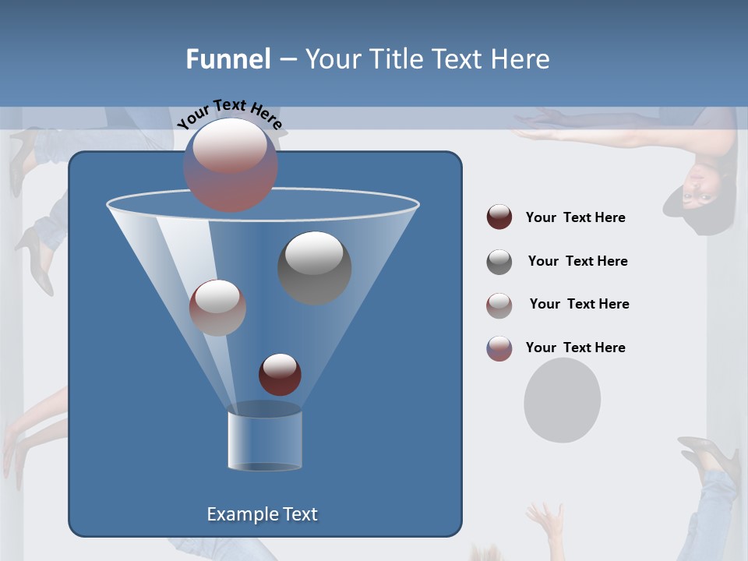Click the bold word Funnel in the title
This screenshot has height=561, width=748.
[x=228, y=59]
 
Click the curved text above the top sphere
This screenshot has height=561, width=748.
[x=230, y=115]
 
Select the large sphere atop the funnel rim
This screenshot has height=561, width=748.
[x=230, y=164]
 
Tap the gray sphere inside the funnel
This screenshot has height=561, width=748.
[x=314, y=267]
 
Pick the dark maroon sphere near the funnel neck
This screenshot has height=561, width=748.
[x=280, y=374]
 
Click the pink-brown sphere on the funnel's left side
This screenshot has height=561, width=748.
[x=217, y=307]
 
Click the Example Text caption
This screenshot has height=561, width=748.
[x=262, y=514]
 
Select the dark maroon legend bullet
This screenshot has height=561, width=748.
[x=499, y=217]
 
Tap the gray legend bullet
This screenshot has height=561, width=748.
[x=499, y=261]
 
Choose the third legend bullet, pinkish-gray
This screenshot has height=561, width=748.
[x=499, y=305]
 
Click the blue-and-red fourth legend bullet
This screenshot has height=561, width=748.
[x=499, y=348]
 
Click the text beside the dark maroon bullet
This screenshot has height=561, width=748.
[x=575, y=217]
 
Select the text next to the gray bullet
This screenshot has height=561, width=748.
[x=577, y=261]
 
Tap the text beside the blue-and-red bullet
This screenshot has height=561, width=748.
[x=575, y=348]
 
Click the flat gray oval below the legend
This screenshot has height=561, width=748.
[x=562, y=400]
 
